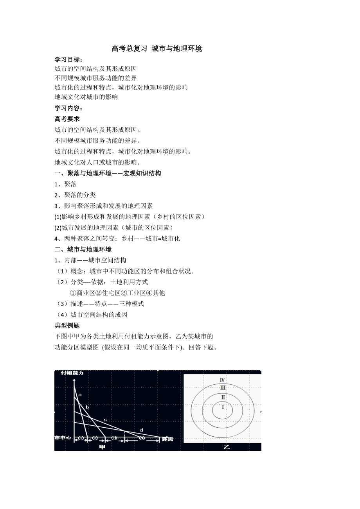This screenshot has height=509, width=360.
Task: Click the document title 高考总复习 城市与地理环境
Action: coord(157,48)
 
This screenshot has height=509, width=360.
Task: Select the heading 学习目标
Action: coord(68,59)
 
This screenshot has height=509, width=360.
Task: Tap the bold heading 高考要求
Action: coord(67,119)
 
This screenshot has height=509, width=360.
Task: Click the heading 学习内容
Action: coord(68,108)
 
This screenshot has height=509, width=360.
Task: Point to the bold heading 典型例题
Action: coord(67,325)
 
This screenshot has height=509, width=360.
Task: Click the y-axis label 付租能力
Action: coord(72,373)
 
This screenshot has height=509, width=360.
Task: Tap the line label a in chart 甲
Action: coord(80,395)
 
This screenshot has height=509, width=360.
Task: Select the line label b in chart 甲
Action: coord(87,408)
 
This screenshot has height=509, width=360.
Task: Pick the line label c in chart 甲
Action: coord(105,420)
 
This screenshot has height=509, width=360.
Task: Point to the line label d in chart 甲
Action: coord(141,430)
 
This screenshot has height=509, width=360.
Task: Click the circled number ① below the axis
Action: coord(81,439)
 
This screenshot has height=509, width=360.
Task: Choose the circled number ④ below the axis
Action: coord(142,439)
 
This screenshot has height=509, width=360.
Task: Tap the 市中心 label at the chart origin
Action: coord(63,438)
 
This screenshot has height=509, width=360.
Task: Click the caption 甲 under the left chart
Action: coord(103,447)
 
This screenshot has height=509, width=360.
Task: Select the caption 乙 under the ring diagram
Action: coord(226,447)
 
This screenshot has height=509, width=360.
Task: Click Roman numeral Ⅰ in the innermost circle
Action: coord(223,407)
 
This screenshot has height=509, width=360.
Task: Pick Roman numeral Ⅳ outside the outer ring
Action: coord(222,380)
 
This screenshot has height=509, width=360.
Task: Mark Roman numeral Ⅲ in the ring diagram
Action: coord(223,388)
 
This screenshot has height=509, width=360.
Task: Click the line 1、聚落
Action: coord(66,184)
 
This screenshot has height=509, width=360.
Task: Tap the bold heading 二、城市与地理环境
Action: coord(83,249)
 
